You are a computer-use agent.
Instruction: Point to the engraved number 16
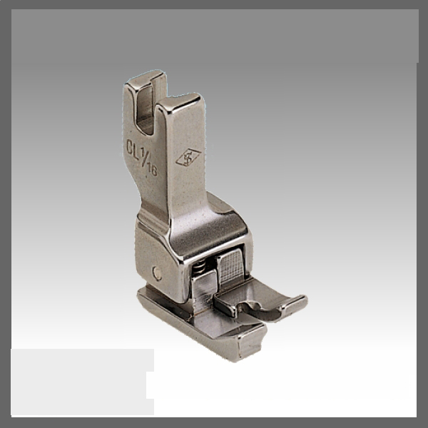click(153, 170)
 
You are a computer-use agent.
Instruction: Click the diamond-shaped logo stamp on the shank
click(188, 158)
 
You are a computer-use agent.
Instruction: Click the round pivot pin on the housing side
click(156, 272)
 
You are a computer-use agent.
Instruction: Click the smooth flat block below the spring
click(203, 292)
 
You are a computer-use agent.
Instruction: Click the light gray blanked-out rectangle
click(78, 382)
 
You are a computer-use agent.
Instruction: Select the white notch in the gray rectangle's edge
click(151, 384)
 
